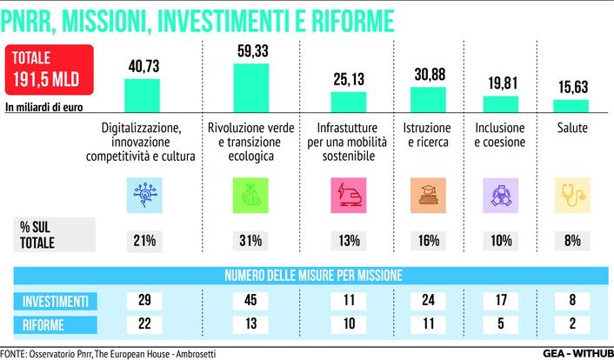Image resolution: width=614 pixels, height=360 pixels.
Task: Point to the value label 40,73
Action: [x=142, y=67]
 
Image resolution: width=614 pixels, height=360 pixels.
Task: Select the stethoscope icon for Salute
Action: [x=573, y=195]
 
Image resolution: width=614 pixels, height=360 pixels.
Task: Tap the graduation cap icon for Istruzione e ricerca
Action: [x=427, y=195]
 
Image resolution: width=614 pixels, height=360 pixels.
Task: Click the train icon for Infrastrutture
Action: [x=349, y=195]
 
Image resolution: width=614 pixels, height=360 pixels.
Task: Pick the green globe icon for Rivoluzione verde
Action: [x=250, y=195]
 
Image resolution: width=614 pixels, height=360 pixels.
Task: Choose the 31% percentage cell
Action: [x=250, y=240]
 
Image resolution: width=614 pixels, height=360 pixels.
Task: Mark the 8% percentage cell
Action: [x=573, y=240]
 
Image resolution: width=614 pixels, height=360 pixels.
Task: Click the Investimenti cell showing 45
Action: [x=250, y=301]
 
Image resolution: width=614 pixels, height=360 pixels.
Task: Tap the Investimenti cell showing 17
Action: [x=500, y=301]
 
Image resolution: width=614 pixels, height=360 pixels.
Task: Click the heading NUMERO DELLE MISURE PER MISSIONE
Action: [x=313, y=276]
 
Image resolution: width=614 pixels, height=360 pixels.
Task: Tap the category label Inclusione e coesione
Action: [x=500, y=136]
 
